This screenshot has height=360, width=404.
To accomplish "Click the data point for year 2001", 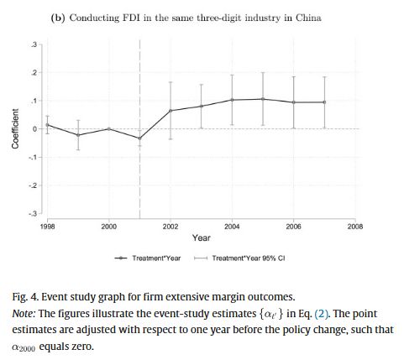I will (x=139, y=138).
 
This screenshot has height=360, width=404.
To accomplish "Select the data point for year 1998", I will (x=48, y=124).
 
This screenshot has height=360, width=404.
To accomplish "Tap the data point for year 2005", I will (x=263, y=99).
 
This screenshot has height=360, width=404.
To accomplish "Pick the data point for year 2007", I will (x=324, y=102).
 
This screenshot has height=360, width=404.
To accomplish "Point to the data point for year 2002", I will (x=171, y=111).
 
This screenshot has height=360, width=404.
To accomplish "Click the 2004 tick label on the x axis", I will (x=232, y=227).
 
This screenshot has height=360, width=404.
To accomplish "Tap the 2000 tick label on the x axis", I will (x=109, y=227).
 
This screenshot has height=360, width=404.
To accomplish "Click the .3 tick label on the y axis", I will (x=34, y=44).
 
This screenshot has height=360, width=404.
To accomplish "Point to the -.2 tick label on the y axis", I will (x=34, y=185).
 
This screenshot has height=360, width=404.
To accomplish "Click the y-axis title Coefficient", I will (x=15, y=128).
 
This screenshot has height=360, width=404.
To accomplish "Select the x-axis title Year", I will (x=202, y=238).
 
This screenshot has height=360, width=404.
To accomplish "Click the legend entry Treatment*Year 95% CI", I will (x=247, y=258).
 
